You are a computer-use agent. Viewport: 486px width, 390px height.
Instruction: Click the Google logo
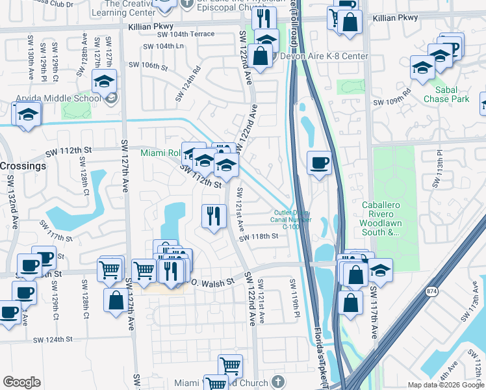[x=21, y=382]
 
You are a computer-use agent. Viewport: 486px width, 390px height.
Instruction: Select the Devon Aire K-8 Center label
[x=324, y=56]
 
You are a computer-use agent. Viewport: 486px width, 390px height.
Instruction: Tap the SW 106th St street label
[x=148, y=65]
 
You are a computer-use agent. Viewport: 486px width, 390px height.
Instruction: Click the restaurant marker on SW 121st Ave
[x=214, y=215]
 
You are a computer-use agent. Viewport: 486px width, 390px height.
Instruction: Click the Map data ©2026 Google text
[x=445, y=385]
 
